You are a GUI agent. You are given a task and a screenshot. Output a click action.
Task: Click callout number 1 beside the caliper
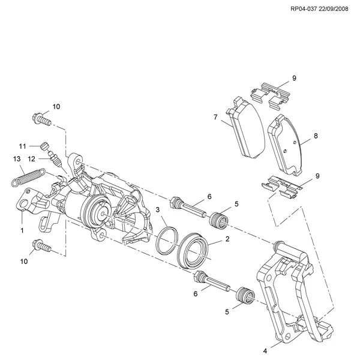click(x=22, y=230)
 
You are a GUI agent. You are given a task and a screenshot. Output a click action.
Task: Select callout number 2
click(x=227, y=239)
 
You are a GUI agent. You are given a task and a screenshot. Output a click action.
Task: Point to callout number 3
click(x=157, y=209)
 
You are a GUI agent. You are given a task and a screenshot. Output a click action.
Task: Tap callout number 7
click(x=215, y=118)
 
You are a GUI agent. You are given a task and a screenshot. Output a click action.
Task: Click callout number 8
click(x=316, y=136)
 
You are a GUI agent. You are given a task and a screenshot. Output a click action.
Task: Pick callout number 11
click(x=22, y=146)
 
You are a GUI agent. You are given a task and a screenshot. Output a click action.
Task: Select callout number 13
click(x=17, y=158)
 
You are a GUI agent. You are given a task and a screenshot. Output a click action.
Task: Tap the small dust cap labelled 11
click(x=43, y=145)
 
